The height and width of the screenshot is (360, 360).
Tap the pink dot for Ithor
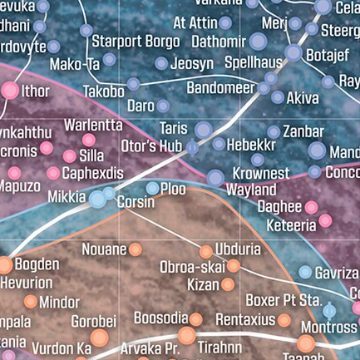[x=10, y=91]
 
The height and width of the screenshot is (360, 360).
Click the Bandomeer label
[x=220, y=86]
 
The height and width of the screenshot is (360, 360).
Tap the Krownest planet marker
[x=215, y=177]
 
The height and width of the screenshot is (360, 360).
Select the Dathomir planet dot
[x=235, y=41]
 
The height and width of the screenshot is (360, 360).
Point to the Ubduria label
[x=238, y=249]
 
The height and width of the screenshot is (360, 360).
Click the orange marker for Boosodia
[x=196, y=318]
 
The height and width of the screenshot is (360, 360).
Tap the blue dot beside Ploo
[x=152, y=189]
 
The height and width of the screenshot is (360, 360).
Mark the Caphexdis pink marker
[x=53, y=173]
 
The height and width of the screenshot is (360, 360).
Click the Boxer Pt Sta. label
[x=283, y=299]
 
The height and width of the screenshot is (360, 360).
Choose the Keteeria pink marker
[x=325, y=220]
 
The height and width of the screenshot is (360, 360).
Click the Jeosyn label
[x=191, y=63]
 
